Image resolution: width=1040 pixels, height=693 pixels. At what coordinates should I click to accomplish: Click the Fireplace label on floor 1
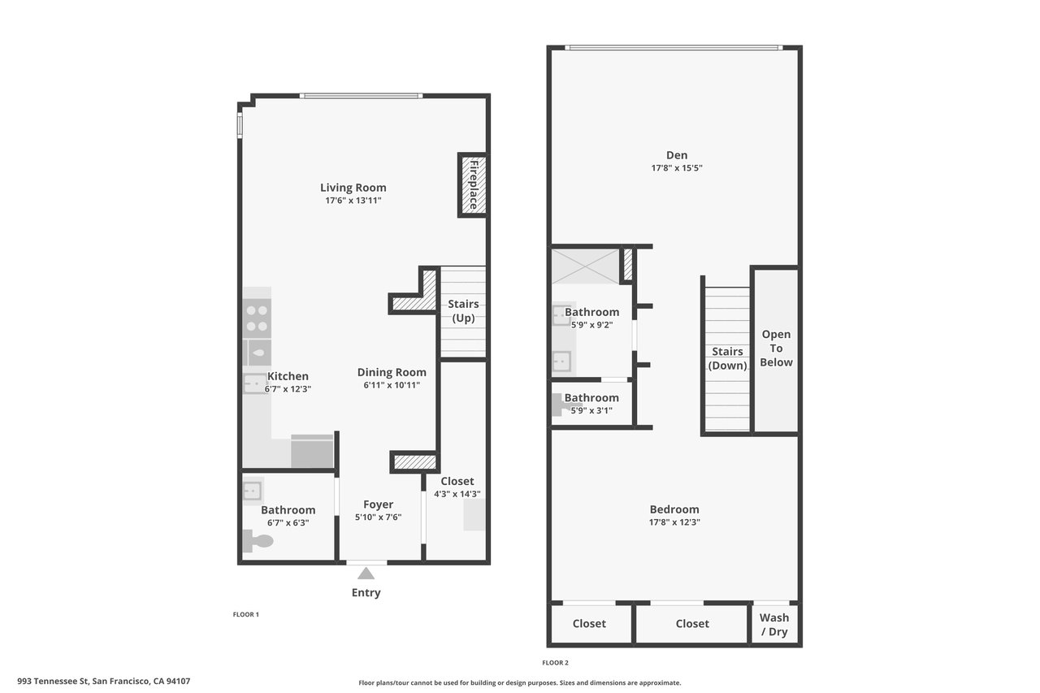[x=473, y=184]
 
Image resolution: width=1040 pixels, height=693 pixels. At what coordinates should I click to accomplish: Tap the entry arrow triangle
[x=366, y=574]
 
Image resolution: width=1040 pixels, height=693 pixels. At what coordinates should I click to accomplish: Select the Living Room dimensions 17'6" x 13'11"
[x=353, y=200]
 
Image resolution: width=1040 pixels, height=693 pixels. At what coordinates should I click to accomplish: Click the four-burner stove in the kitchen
[x=257, y=318]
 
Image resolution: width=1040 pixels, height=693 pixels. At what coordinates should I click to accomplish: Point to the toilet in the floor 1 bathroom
[x=258, y=541]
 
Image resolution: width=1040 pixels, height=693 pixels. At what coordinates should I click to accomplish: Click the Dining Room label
[x=392, y=372]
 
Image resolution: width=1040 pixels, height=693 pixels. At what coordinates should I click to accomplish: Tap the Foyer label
[x=378, y=505]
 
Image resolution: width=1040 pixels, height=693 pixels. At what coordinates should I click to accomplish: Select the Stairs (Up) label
[x=463, y=310]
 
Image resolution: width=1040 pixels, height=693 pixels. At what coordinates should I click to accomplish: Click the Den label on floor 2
[x=676, y=155]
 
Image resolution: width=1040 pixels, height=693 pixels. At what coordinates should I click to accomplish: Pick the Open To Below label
[x=776, y=348]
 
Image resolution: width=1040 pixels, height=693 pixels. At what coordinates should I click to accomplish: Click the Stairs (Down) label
[x=727, y=358]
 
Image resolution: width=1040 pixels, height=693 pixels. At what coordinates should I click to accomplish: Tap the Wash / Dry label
[x=775, y=625]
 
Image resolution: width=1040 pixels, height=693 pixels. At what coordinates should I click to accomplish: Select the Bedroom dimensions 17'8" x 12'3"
[x=674, y=522]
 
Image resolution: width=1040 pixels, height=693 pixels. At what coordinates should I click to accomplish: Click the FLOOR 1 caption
[x=245, y=614]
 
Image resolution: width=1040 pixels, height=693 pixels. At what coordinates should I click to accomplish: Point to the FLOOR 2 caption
[x=555, y=662]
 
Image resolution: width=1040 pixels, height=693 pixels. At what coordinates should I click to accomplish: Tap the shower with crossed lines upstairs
[x=585, y=266]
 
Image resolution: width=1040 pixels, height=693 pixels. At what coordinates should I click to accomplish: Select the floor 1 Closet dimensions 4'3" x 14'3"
[x=457, y=494]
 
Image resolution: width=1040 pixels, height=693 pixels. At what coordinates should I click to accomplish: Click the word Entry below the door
[x=366, y=592]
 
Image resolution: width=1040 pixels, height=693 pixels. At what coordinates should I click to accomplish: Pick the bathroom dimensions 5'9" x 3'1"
[x=591, y=410]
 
